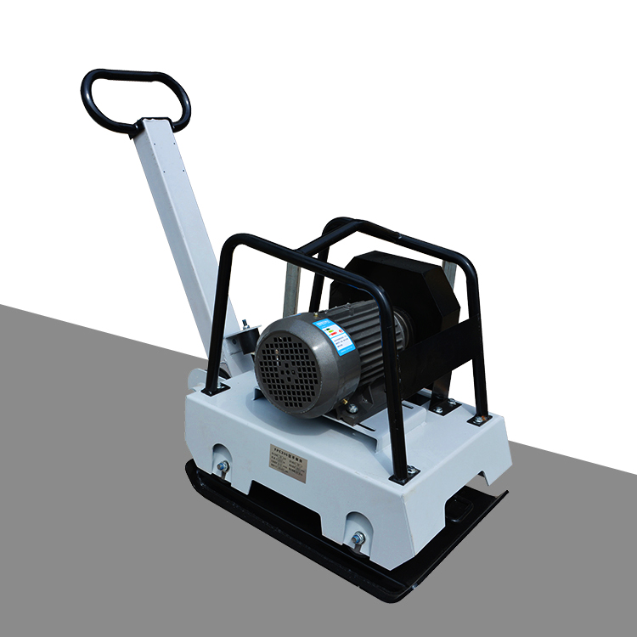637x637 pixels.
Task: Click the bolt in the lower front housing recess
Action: click(x=358, y=538)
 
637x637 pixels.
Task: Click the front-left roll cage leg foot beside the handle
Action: click(x=209, y=387)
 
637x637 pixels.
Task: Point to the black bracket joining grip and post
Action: click(x=140, y=126)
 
